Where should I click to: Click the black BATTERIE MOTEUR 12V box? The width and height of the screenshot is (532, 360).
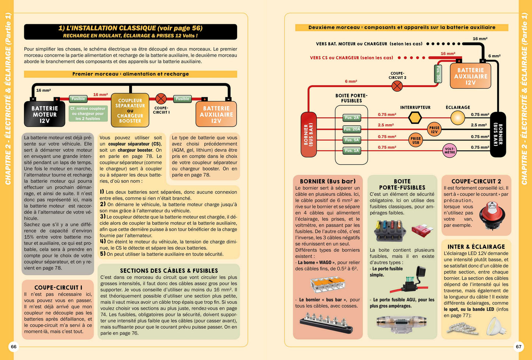click(45, 114)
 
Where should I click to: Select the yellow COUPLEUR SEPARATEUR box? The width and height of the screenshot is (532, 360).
click(130, 110)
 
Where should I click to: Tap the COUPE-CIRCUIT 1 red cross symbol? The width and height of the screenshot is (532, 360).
click(161, 99)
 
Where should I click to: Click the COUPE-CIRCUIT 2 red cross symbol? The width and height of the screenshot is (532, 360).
click(397, 86)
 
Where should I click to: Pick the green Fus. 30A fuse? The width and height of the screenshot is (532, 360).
click(437, 74)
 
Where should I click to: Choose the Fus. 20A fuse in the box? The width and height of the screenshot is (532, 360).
click(352, 129)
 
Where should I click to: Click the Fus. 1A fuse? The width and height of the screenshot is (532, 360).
click(352, 150)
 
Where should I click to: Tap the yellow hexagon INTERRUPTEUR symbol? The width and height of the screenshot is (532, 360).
click(415, 118)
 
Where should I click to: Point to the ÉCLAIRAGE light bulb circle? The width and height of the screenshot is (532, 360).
click(458, 118)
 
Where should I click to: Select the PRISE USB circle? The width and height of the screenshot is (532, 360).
click(416, 140)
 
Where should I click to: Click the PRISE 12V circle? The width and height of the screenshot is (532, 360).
click(434, 129)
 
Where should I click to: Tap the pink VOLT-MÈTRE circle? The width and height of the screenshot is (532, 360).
click(450, 151)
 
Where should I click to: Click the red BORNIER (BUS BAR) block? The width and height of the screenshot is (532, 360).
click(309, 134)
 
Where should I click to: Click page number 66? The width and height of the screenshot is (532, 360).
click(14, 346)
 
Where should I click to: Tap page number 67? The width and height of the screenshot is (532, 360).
click(518, 346)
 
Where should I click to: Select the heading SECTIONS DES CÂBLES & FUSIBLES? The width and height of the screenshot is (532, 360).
click(169, 270)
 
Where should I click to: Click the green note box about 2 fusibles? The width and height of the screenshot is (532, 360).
click(88, 113)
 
